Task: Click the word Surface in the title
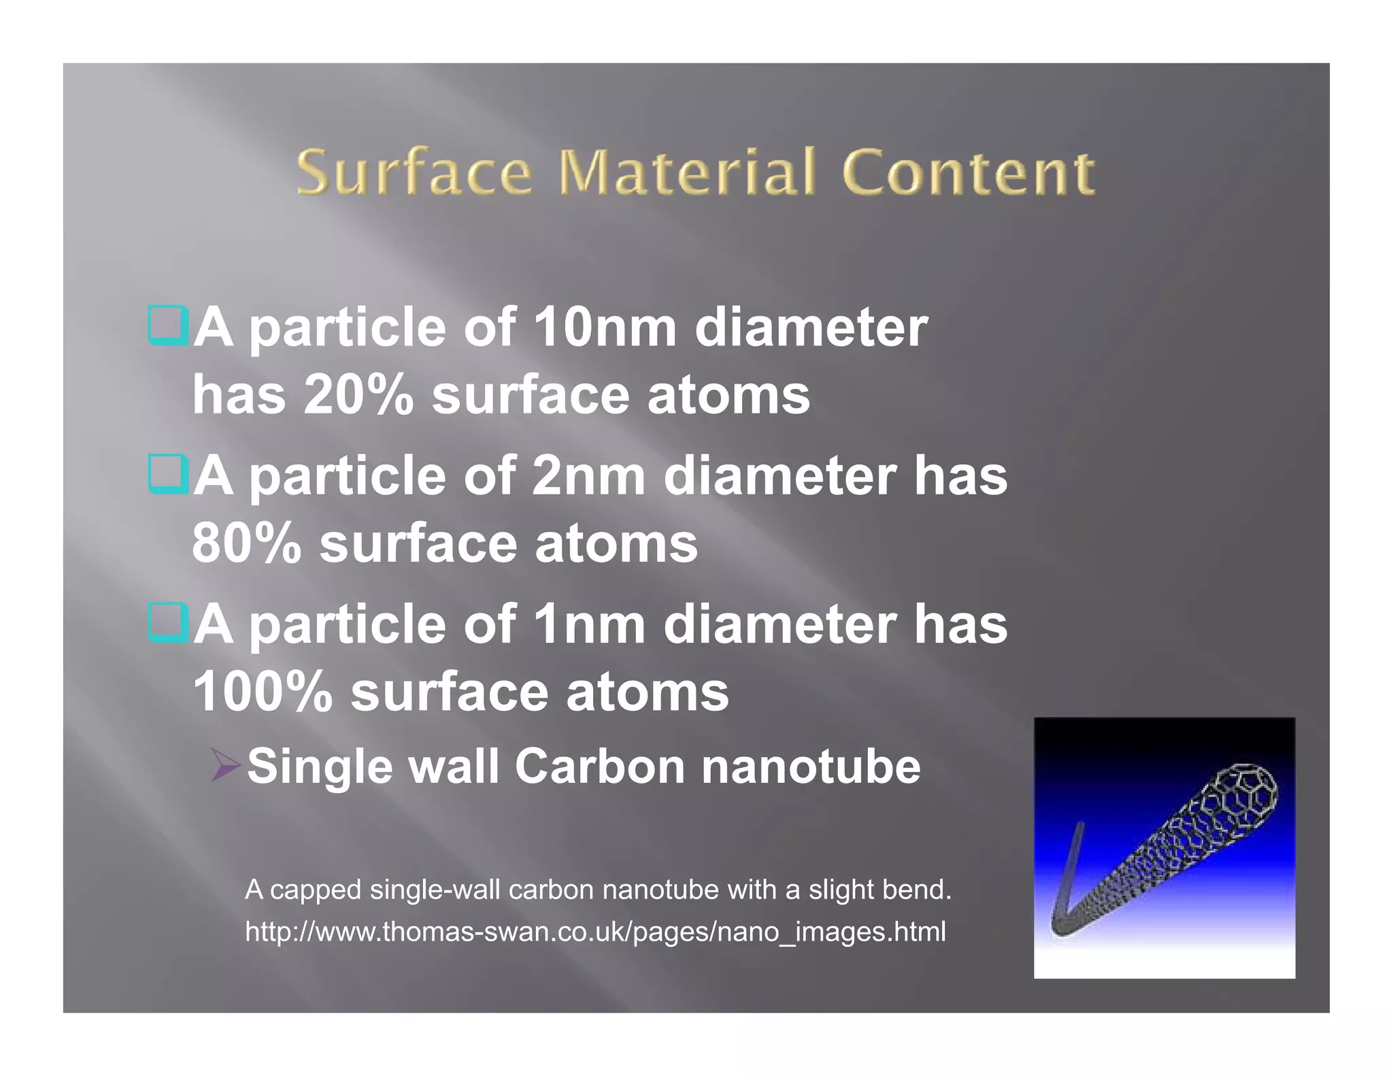pyautogui.click(x=414, y=173)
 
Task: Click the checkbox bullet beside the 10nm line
pyautogui.click(x=167, y=326)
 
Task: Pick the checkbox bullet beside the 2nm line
pyautogui.click(x=167, y=473)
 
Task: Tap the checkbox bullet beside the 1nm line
pyautogui.click(x=167, y=622)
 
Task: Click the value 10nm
pyautogui.click(x=604, y=328)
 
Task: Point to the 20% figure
pyautogui.click(x=358, y=395)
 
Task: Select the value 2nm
pyautogui.click(x=588, y=476)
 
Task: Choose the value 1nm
pyautogui.click(x=588, y=624)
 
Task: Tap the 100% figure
pyautogui.click(x=263, y=692)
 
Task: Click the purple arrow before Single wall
pyautogui.click(x=225, y=766)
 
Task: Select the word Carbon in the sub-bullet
pyautogui.click(x=599, y=767)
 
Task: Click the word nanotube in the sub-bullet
pyautogui.click(x=811, y=767)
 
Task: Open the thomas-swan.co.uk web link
pyautogui.click(x=595, y=932)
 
